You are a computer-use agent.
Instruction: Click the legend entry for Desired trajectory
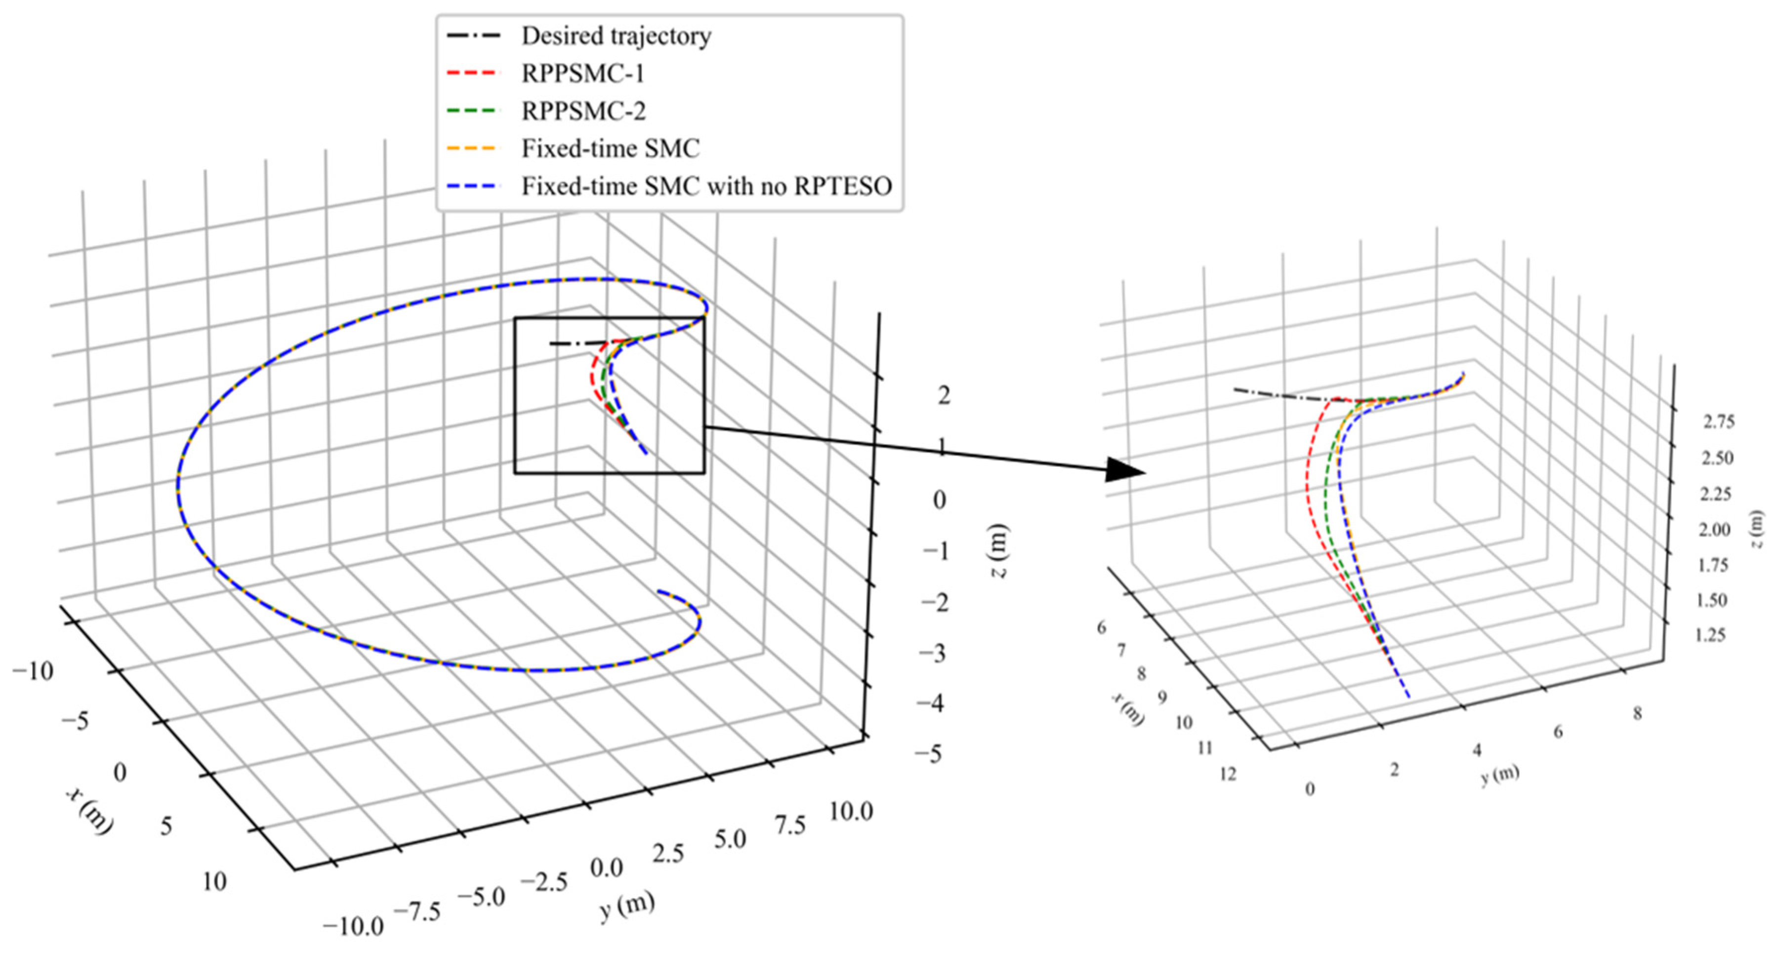click(x=616, y=36)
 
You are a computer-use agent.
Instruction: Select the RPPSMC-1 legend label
click(x=583, y=74)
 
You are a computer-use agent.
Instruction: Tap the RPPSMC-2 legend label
click(x=583, y=111)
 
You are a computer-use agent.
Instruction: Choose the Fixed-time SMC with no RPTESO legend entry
click(x=706, y=186)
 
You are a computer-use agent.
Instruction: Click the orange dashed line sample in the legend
click(x=471, y=149)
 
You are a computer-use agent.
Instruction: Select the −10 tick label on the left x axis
click(x=33, y=670)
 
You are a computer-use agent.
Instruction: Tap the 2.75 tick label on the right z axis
click(x=1719, y=422)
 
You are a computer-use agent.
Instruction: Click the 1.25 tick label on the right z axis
click(x=1710, y=634)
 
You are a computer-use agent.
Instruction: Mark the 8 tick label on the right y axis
click(x=1637, y=714)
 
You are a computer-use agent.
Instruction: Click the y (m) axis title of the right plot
click(x=1500, y=775)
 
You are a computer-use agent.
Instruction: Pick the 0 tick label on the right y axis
click(x=1310, y=789)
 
